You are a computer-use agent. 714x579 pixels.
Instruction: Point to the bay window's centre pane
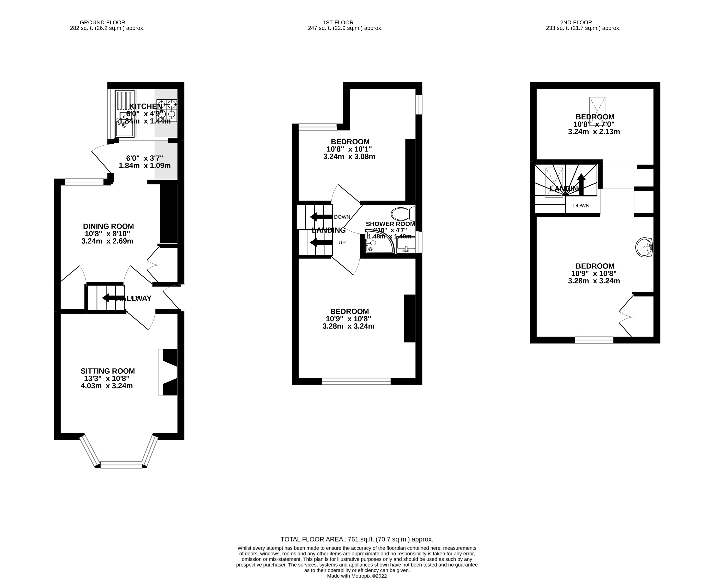click(121, 465)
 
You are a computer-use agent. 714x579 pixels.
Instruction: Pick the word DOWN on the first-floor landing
click(342, 217)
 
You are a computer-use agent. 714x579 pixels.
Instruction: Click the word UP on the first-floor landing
click(342, 242)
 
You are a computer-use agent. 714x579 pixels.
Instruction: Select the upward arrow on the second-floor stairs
click(581, 184)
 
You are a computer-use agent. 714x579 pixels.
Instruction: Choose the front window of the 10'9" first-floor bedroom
click(356, 381)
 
